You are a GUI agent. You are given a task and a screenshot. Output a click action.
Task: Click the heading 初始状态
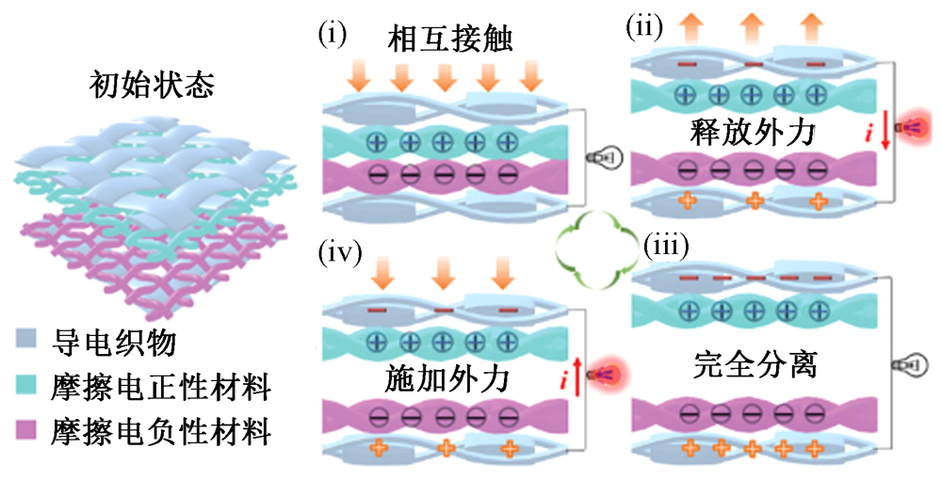(151, 88)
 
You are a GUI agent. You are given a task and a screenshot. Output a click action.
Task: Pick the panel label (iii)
(665, 246)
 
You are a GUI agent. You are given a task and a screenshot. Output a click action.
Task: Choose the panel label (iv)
(338, 256)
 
